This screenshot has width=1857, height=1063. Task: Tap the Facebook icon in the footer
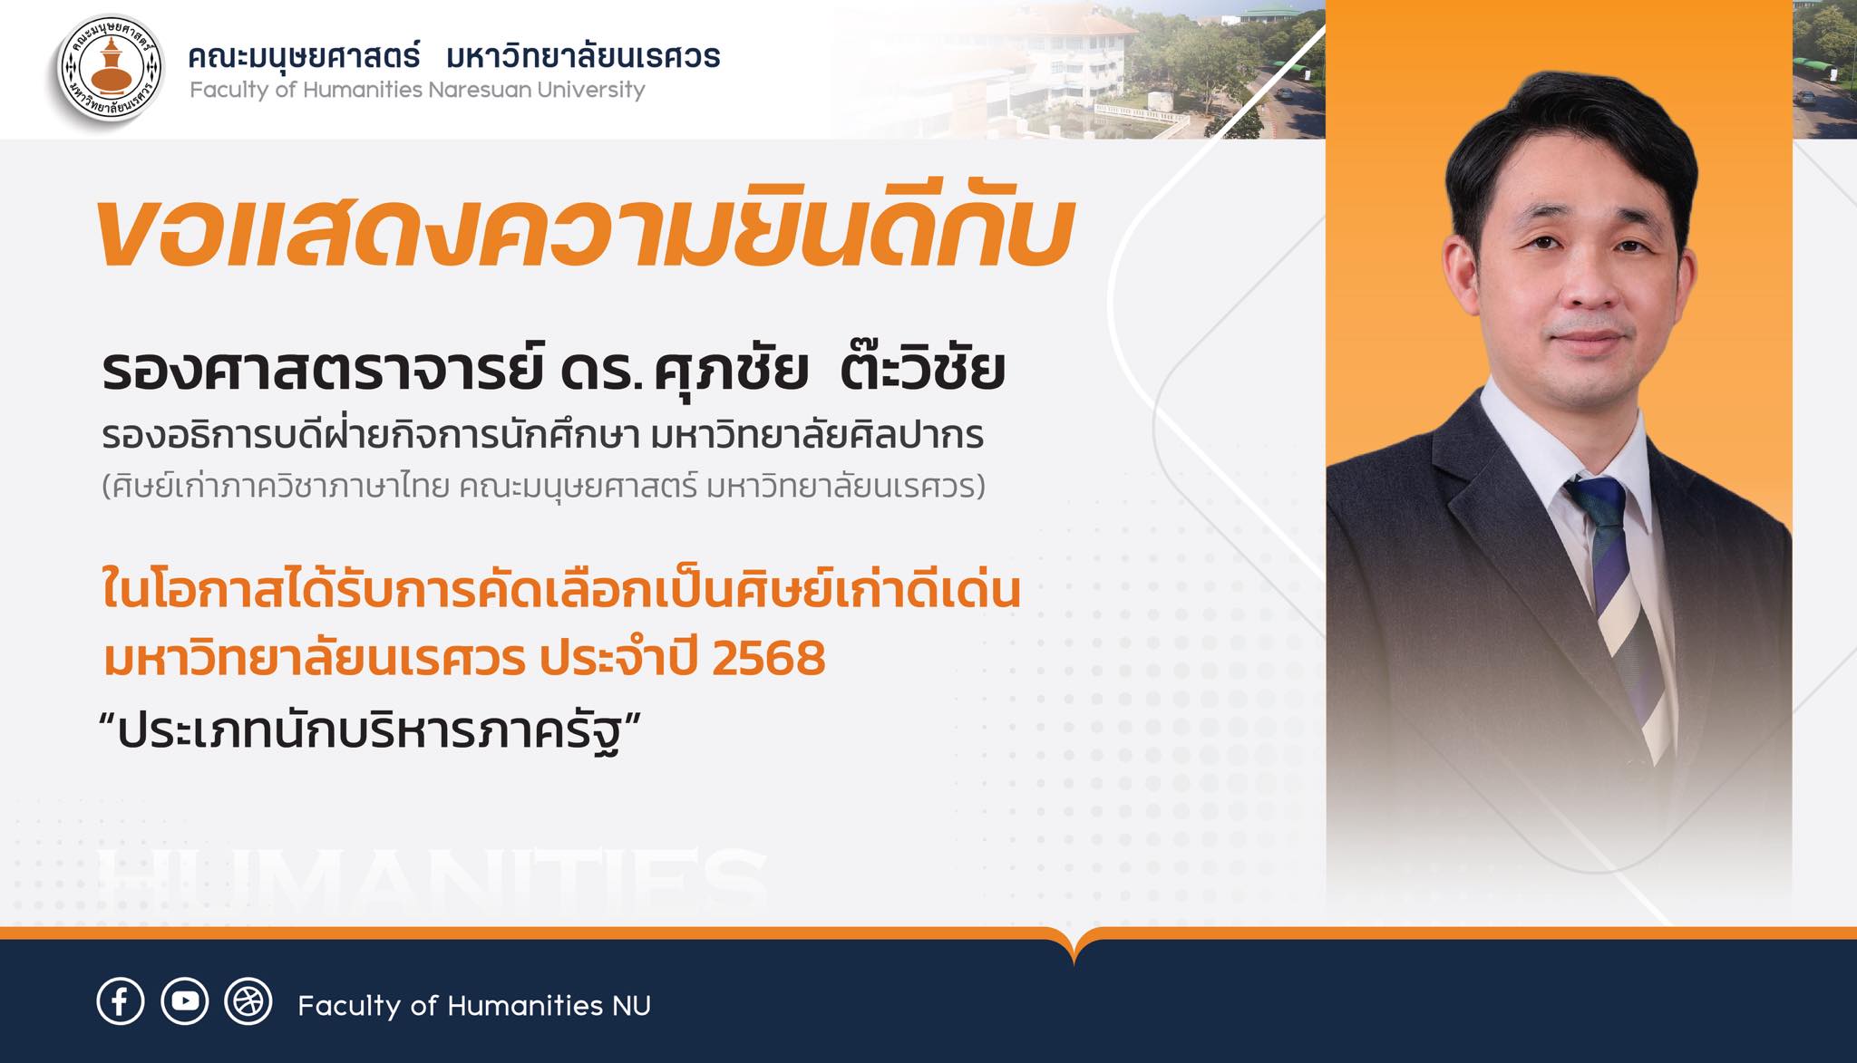pyautogui.click(x=120, y=1001)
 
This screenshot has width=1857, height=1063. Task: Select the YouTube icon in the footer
pyautogui.click(x=185, y=1001)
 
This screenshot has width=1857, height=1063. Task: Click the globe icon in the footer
pyautogui.click(x=248, y=1001)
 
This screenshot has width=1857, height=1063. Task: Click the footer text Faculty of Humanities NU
pyautogui.click(x=473, y=1006)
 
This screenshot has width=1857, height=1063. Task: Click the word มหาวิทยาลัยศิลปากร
pyautogui.click(x=817, y=437)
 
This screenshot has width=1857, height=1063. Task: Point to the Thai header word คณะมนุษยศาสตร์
pyautogui.click(x=305, y=57)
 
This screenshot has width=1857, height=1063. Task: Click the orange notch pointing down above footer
pyautogui.click(x=1074, y=950)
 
